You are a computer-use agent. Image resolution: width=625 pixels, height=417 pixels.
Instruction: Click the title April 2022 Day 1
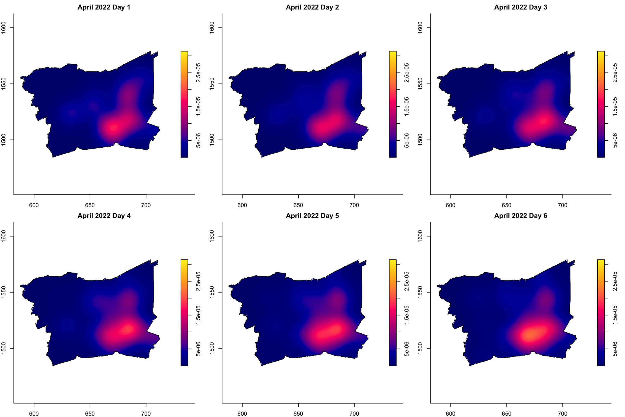pos(104,7)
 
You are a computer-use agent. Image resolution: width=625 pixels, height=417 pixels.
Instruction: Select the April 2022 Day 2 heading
pos(312,7)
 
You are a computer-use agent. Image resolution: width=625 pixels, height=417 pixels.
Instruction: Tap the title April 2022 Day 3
pos(521,7)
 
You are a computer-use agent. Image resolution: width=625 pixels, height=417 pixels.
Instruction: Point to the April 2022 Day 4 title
pos(104,216)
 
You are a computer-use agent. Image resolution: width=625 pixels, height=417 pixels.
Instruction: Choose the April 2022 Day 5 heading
pos(312,216)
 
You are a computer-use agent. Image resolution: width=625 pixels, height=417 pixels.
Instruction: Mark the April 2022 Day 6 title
pos(521,216)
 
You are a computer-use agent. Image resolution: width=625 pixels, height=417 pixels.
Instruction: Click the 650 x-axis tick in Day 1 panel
pos(90,205)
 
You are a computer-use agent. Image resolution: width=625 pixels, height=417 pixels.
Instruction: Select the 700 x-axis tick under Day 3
pos(563,205)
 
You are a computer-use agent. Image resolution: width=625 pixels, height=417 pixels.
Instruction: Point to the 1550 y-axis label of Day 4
pos(4,292)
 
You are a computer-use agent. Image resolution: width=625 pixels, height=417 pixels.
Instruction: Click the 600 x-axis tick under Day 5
pos(242,414)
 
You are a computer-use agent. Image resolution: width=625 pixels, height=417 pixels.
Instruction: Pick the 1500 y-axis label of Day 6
pos(420,348)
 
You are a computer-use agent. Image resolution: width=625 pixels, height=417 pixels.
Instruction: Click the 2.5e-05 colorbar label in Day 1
pos(198,72)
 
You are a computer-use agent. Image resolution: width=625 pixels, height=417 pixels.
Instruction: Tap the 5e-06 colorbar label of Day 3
pos(615,140)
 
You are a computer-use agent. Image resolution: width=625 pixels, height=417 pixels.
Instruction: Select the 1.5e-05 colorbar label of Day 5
pos(407,315)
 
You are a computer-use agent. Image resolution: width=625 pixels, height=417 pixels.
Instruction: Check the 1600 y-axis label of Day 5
pos(212,236)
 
